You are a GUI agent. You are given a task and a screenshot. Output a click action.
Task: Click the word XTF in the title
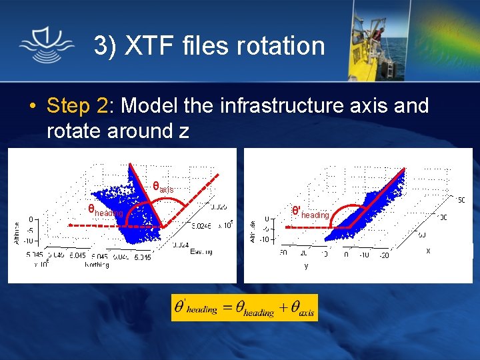pyautogui.click(x=145, y=46)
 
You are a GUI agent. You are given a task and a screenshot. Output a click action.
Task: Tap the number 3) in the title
pyautogui.click(x=105, y=46)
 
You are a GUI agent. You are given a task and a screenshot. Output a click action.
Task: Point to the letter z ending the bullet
pyautogui.click(x=184, y=131)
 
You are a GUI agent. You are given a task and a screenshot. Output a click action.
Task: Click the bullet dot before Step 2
pyautogui.click(x=32, y=107)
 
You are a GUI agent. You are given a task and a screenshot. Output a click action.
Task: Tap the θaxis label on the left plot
pyautogui.click(x=163, y=188)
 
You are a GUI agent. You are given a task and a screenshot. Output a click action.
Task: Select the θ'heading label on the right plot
pyautogui.click(x=311, y=213)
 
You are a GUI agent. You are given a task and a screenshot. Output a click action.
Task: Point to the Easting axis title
pyautogui.click(x=201, y=252)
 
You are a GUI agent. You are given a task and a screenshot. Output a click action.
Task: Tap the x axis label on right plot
pyautogui.click(x=428, y=251)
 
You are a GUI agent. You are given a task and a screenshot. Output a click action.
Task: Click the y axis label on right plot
pyautogui.click(x=306, y=265)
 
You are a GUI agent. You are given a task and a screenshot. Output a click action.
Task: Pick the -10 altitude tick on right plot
pyautogui.click(x=265, y=239)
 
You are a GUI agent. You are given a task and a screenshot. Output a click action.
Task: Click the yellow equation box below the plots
pyautogui.click(x=244, y=307)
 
